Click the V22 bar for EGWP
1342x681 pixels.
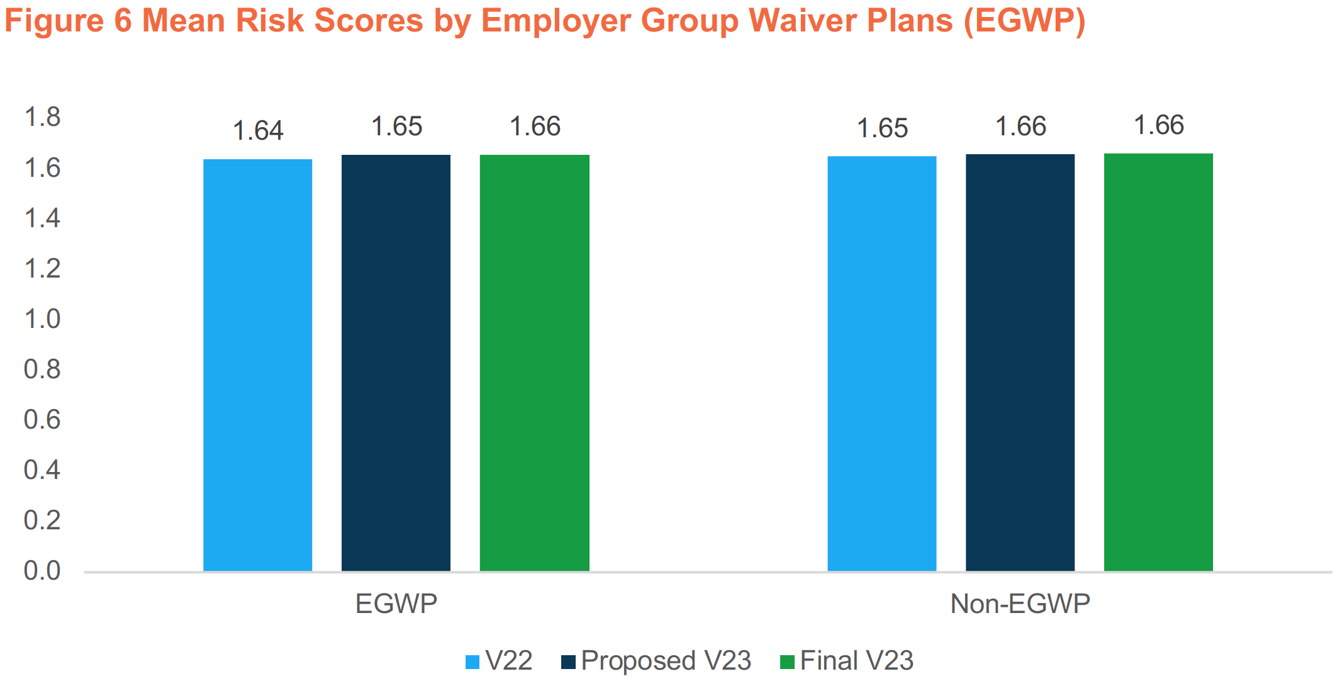tap(257, 365)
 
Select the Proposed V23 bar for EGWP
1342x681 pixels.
tap(396, 363)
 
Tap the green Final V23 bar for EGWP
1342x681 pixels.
tap(534, 363)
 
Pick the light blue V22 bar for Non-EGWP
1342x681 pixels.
tap(881, 364)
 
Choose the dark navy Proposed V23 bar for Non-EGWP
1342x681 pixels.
tap(1020, 363)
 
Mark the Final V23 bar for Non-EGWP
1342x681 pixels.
tap(1158, 363)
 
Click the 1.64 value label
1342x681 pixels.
tap(258, 131)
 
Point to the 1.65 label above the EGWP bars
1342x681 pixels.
tap(396, 127)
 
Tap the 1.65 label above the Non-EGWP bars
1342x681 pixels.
tap(882, 128)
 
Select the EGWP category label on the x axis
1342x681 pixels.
tap(396, 604)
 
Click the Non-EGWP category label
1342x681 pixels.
tap(1020, 604)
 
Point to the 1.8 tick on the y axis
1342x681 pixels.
tap(42, 117)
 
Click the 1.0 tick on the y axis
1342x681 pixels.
tap(42, 319)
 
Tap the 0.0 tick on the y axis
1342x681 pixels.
tap(42, 571)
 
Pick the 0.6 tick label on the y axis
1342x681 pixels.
tap(42, 420)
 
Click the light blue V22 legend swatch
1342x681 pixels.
tap(472, 662)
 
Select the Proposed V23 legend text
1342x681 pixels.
tap(666, 661)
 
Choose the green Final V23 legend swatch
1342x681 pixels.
tap(786, 662)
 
